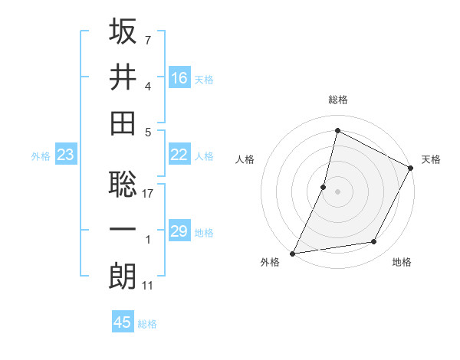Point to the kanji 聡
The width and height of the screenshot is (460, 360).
123,184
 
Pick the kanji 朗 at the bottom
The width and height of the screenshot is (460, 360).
123,276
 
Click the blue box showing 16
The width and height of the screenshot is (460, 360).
179,77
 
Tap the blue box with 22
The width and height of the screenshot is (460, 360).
179,155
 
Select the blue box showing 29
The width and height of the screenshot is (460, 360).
179,231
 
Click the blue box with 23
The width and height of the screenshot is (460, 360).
66,155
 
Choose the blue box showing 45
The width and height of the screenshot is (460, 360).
123,322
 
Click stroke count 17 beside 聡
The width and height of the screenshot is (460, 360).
149,194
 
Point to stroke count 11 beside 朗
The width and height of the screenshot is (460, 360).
149,286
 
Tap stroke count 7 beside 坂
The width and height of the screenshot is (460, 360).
148,39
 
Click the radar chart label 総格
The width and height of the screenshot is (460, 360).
337,100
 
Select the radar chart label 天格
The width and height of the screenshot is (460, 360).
431,159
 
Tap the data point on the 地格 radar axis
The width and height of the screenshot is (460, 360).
374,242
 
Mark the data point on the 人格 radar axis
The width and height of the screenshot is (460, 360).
324,186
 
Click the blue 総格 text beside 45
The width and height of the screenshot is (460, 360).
147,324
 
